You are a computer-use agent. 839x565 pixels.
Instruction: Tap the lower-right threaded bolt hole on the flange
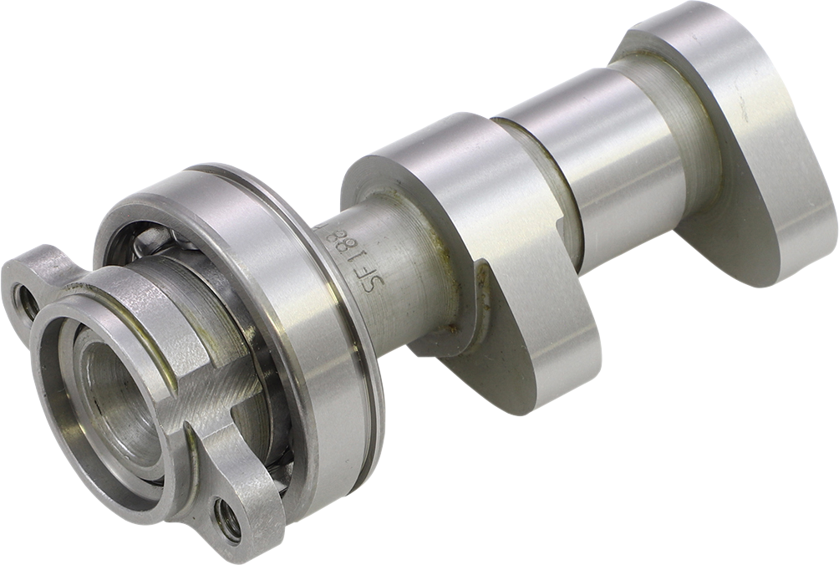coord(227,518)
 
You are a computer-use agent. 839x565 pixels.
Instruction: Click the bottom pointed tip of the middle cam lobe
coord(518,401)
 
